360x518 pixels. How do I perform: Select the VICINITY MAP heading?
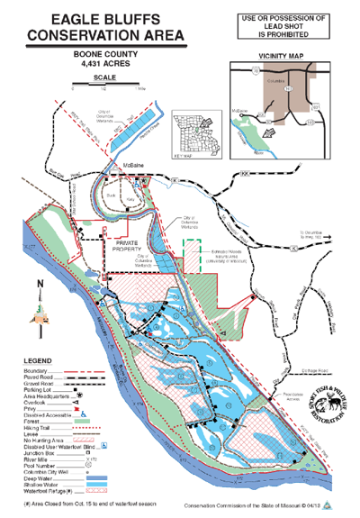281,56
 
